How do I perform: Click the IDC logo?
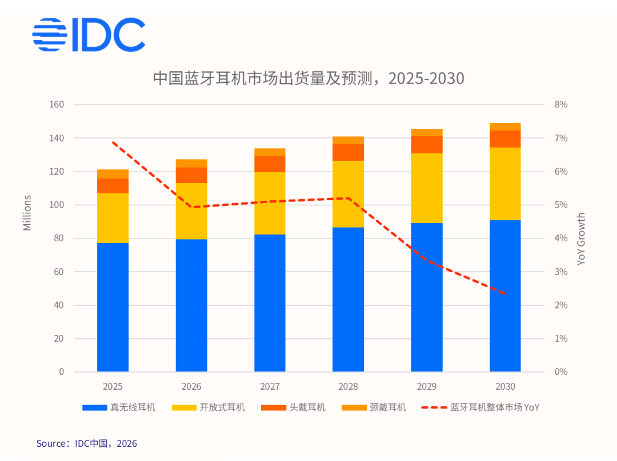[89, 35]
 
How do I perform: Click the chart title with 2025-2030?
[308, 78]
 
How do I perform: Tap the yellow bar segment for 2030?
[505, 184]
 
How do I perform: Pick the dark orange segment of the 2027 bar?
[270, 164]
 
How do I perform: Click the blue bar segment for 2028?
[348, 300]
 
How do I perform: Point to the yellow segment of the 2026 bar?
[191, 211]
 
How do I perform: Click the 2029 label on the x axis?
[427, 386]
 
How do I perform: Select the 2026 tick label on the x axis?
[191, 386]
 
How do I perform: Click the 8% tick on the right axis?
[560, 105]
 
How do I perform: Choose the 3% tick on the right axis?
[560, 272]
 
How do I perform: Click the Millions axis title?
[27, 213]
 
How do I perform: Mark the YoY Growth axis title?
[582, 238]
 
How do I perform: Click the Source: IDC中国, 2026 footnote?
[87, 443]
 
